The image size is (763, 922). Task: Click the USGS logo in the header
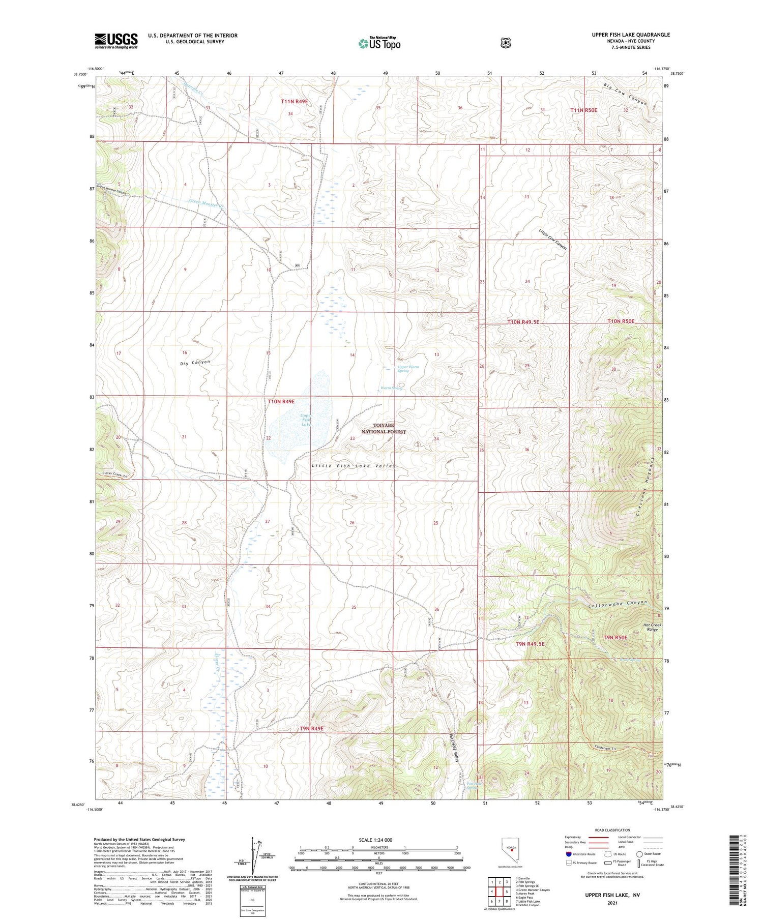116,41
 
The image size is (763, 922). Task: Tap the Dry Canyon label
195,363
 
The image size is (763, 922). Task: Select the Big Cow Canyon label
625,94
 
